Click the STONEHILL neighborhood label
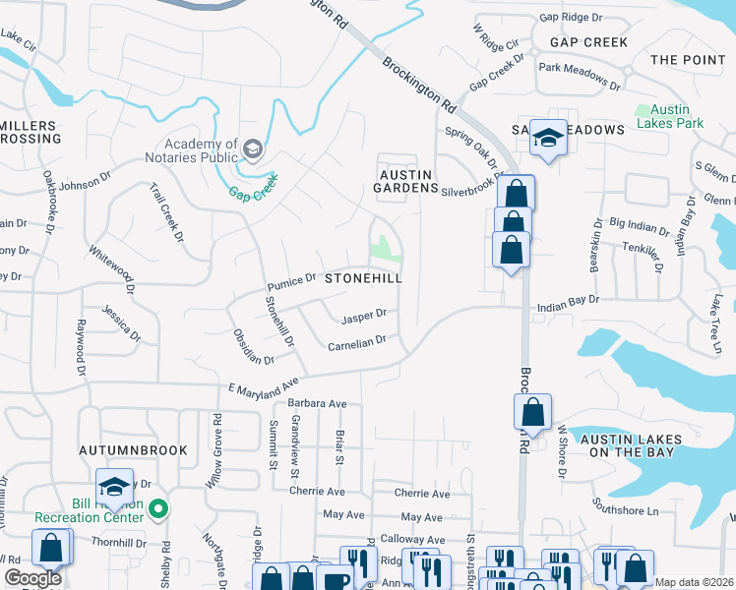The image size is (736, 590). click(x=364, y=279)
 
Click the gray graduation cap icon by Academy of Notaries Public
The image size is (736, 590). click(x=254, y=149)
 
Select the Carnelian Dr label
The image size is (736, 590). click(x=356, y=344)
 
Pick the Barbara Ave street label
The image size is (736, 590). click(x=317, y=403)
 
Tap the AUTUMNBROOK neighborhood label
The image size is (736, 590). click(x=133, y=450)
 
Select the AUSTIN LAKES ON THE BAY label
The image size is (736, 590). click(x=627, y=444)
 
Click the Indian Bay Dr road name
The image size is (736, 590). click(x=568, y=308)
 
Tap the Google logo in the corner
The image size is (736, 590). click(x=32, y=578)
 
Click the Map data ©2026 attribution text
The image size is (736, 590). click(x=694, y=582)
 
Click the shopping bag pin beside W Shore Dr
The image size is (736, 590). click(x=532, y=412)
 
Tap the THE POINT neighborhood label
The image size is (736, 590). click(x=688, y=60)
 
